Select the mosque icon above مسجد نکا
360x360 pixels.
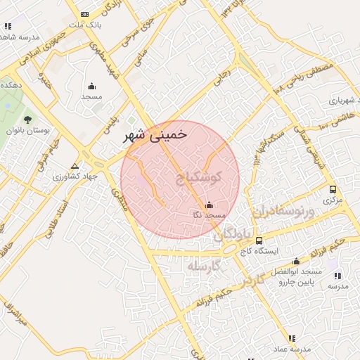[209, 205]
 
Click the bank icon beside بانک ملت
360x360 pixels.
[85, 14]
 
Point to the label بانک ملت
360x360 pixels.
[89, 25]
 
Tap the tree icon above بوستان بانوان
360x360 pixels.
[27, 120]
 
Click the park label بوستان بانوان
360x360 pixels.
[25, 131]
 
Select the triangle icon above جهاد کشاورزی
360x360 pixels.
[75, 167]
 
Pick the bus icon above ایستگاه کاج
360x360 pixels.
[259, 240]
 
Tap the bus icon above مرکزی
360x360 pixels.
[333, 189]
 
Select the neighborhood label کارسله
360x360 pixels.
[205, 266]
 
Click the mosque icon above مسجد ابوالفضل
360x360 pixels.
[296, 262]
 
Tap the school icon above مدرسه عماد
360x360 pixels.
[292, 339]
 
